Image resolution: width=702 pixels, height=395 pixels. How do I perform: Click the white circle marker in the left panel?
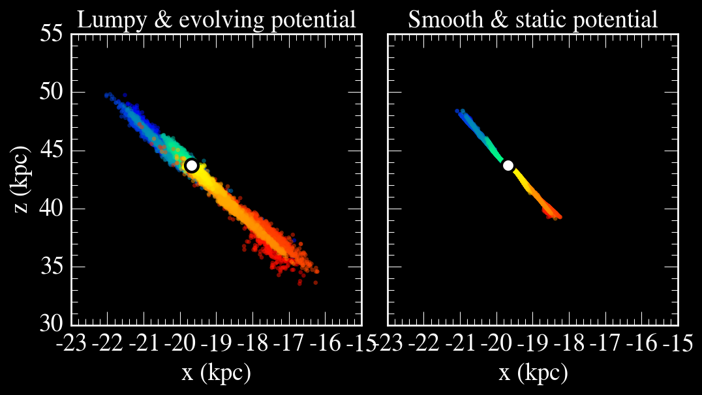click(x=192, y=166)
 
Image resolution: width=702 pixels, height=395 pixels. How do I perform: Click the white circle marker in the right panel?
click(x=508, y=166)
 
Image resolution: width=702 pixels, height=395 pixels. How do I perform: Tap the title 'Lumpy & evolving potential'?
click(x=217, y=20)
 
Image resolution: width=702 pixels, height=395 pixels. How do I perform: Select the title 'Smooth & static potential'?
click(x=533, y=20)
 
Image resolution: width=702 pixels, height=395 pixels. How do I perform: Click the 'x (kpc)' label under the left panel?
click(x=216, y=373)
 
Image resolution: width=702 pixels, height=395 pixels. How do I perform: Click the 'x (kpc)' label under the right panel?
click(x=533, y=373)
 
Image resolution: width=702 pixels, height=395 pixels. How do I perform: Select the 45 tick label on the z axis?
click(x=52, y=151)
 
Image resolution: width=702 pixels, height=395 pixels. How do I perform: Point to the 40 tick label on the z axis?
click(x=52, y=209)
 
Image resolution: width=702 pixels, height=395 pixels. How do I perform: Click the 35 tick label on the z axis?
click(x=52, y=267)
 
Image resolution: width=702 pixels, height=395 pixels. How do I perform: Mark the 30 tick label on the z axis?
click(x=52, y=324)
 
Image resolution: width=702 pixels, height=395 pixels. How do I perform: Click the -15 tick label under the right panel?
click(x=676, y=343)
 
